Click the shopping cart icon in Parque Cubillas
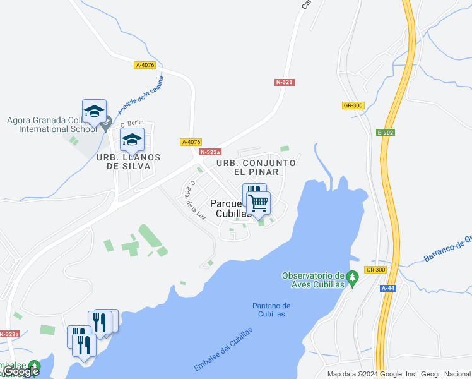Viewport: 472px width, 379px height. click(x=259, y=203)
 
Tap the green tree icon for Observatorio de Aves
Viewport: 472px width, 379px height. click(x=353, y=276)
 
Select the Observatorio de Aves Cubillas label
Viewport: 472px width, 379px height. click(x=313, y=280)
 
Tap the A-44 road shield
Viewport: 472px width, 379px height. click(x=388, y=287)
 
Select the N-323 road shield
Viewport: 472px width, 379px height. click(x=285, y=82)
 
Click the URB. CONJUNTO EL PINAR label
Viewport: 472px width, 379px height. click(x=256, y=167)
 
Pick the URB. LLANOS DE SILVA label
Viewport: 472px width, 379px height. click(x=128, y=162)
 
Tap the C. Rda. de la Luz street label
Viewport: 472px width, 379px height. click(x=198, y=200)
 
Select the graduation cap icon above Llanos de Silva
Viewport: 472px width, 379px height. click(x=132, y=140)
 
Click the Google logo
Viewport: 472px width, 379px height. click(x=21, y=371)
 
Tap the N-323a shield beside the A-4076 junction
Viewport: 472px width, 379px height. click(x=210, y=152)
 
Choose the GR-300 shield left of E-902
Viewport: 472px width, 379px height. click(x=353, y=105)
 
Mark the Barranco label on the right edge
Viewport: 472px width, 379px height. click(x=447, y=248)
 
